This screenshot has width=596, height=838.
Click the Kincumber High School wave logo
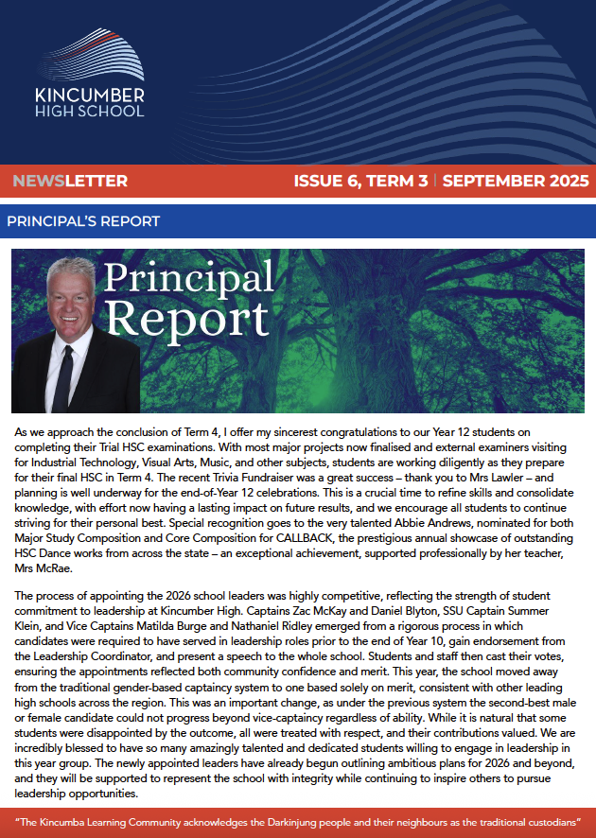point(89,56)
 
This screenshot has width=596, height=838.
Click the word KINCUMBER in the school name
point(89,96)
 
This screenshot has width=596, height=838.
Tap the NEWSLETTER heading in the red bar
point(71,181)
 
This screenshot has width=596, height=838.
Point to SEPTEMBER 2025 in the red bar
point(516,181)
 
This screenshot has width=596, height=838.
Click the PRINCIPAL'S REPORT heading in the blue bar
point(83,221)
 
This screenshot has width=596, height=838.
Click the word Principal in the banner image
point(188,276)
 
